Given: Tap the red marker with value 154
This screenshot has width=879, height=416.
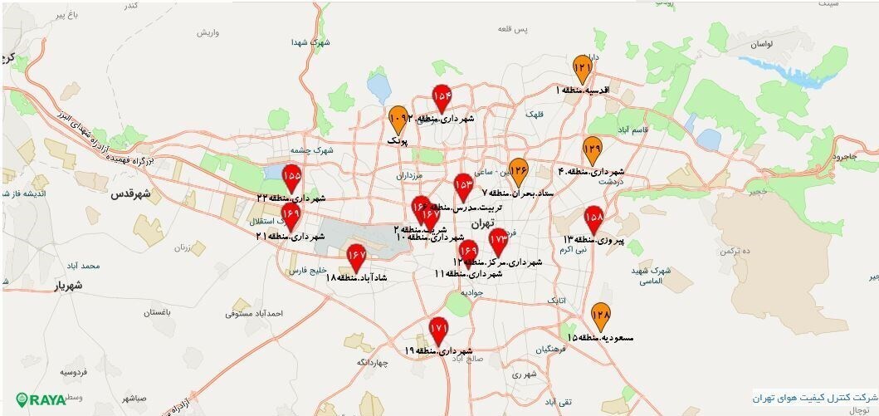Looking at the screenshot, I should point(442,98).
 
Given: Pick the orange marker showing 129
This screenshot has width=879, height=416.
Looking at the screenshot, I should point(592,150).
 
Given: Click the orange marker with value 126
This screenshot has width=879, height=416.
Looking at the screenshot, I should point(519,171).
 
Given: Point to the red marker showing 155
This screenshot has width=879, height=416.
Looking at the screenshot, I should point(291,179).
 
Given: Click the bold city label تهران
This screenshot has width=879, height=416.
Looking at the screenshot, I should point(481,224).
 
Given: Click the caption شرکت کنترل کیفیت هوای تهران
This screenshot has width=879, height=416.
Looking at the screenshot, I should point(814,395).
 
